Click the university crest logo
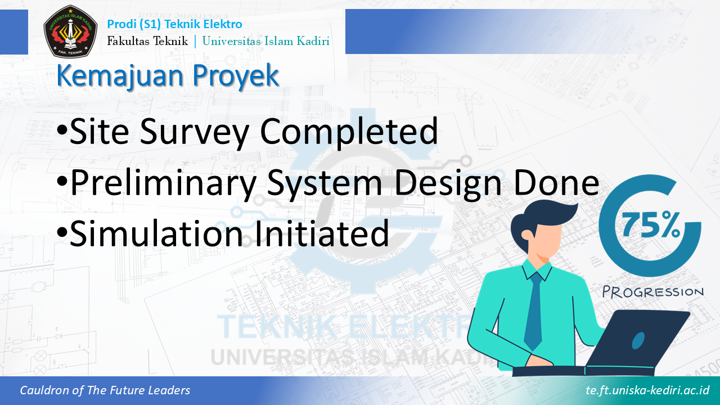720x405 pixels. [x=70, y=31]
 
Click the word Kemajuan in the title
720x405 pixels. [x=121, y=76]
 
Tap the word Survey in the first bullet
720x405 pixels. [x=195, y=132]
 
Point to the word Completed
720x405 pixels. [x=349, y=132]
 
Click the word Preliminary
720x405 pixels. [x=163, y=183]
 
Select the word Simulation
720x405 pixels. [x=156, y=233]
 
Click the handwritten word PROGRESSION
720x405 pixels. [x=653, y=292]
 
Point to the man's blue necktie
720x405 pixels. [x=534, y=310]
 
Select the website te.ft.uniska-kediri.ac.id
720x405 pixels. [x=647, y=390]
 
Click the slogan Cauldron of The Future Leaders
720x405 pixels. [x=105, y=390]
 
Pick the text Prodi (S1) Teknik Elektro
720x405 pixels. [x=174, y=24]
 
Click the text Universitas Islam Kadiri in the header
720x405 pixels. [x=266, y=41]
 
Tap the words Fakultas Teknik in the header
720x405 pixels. [x=147, y=41]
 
